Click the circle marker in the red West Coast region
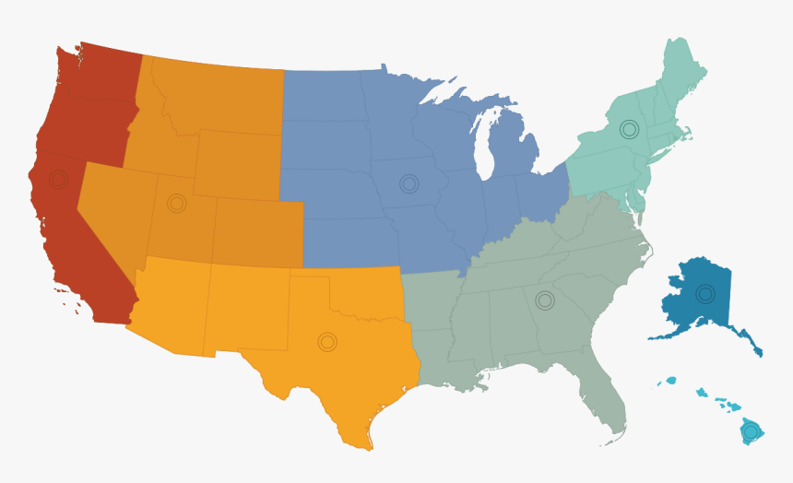click(x=58, y=179)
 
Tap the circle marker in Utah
click(x=176, y=203)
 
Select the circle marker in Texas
click(x=327, y=342)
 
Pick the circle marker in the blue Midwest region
click(x=408, y=183)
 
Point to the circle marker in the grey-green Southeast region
click(x=545, y=300)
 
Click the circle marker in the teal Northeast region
click(x=629, y=129)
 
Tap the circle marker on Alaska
click(x=705, y=294)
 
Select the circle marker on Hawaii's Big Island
click(x=751, y=430)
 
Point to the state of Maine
click(x=682, y=74)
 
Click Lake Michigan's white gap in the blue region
click(x=480, y=147)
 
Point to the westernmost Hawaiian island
click(x=670, y=381)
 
